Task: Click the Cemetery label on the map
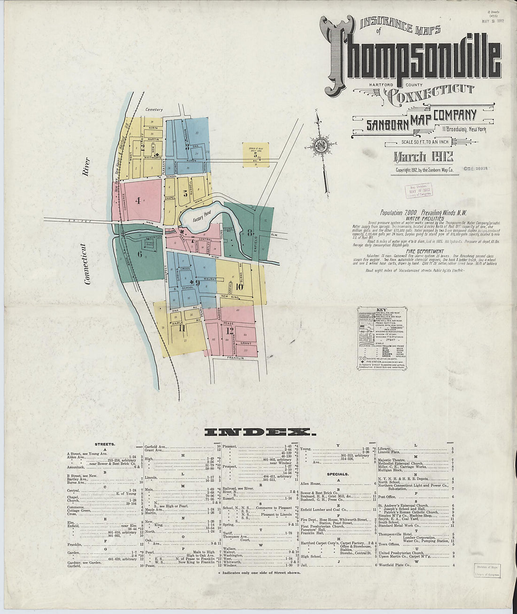(x=154, y=110)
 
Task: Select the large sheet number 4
(x=138, y=200)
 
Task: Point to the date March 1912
(x=423, y=157)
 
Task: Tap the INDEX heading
(x=258, y=432)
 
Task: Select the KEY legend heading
(x=382, y=310)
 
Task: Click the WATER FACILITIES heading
(x=424, y=218)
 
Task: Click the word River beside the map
(x=85, y=167)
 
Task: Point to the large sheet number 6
(x=140, y=255)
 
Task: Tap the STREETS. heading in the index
(x=105, y=444)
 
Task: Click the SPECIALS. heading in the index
(x=338, y=474)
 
